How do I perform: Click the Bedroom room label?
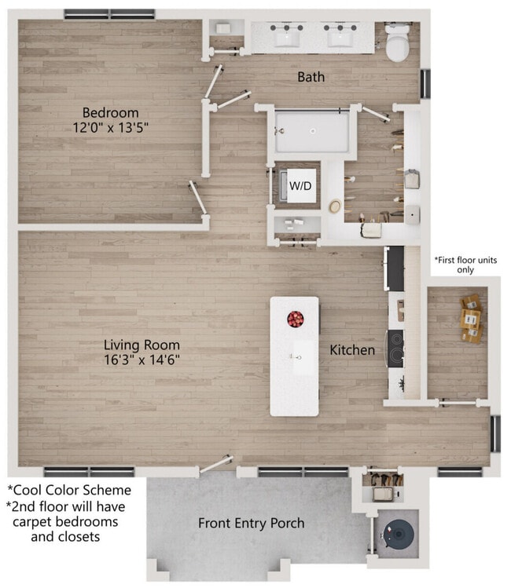tap(110, 112)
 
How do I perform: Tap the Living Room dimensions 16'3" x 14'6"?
tap(142, 360)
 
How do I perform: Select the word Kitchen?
tap(352, 350)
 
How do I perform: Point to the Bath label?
tap(311, 77)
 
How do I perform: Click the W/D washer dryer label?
tap(300, 185)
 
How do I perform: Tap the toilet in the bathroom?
tap(397, 42)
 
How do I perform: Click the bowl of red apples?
tap(296, 320)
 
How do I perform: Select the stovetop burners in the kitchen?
tap(395, 349)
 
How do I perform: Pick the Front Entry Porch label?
tap(252, 523)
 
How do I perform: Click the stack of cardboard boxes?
tap(471, 319)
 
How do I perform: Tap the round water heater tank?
tap(399, 534)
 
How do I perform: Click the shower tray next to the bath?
tap(312, 132)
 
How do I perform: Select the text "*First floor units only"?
tap(465, 265)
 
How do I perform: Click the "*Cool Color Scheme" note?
tap(69, 490)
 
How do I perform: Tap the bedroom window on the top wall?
tap(109, 14)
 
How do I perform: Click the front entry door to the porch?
tap(216, 464)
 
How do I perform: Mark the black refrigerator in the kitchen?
tap(394, 268)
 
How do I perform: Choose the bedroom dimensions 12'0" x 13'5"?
tap(110, 128)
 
